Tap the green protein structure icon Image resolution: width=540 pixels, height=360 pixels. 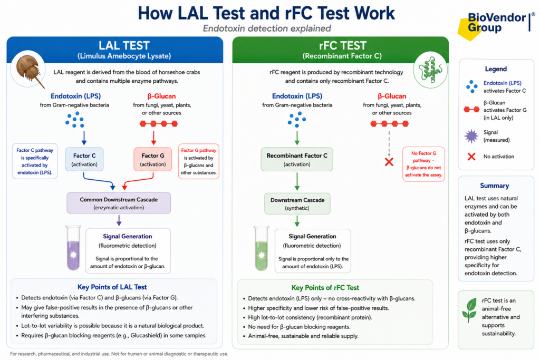pyautogui.click(x=430, y=70)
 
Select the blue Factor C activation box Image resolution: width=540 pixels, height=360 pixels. pyautogui.click(x=84, y=159)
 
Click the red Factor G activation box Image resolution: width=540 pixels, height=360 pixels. pyautogui.click(x=152, y=159)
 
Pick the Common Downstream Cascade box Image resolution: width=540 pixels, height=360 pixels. pyautogui.click(x=119, y=203)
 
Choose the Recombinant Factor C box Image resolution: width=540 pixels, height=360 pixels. pyautogui.click(x=297, y=159)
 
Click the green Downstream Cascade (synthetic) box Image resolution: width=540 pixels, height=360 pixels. pyautogui.click(x=297, y=204)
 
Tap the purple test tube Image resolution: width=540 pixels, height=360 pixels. pyautogui.click(x=73, y=248)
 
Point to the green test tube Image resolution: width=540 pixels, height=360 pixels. pyautogui.click(x=262, y=248)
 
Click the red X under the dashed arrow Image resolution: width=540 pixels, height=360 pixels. pyautogui.click(x=389, y=162)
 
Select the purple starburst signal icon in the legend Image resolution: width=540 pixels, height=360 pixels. pyautogui.click(x=471, y=137)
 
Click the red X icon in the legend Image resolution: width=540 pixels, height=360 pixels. pyautogui.click(x=471, y=157)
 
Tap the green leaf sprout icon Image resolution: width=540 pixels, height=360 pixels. pyautogui.click(x=469, y=310)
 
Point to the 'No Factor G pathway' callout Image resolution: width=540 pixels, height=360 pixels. pyautogui.click(x=423, y=164)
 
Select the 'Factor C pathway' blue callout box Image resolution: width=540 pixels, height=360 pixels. pyautogui.click(x=35, y=161)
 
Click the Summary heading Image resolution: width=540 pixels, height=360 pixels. pyautogui.click(x=494, y=186)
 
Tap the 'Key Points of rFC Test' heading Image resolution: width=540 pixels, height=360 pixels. pyautogui.click(x=325, y=288)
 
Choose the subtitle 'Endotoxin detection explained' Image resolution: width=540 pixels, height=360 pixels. pyautogui.click(x=267, y=28)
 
